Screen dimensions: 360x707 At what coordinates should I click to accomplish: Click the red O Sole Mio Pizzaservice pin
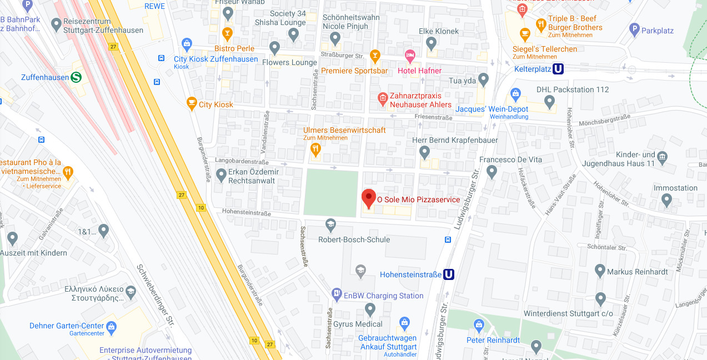369,198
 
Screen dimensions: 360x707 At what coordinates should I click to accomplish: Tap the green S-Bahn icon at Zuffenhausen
77,77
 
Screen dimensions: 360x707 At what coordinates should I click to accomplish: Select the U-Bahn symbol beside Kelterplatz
558,69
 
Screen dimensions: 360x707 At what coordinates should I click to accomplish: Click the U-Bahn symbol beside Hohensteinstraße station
448,274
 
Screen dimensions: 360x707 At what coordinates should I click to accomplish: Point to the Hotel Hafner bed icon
410,56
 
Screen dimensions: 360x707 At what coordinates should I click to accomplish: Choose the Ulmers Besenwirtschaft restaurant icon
315,148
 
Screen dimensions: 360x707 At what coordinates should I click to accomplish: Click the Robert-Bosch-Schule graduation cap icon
330,225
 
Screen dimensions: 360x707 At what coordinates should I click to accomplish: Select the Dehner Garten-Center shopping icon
112,326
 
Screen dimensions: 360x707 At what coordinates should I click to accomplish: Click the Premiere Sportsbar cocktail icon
375,56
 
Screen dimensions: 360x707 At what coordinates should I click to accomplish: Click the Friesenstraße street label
433,117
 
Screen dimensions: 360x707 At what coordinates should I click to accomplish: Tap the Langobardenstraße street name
238,160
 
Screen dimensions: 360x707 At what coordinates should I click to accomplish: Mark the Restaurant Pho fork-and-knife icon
68,172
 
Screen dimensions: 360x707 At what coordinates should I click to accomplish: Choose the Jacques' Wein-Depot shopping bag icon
515,94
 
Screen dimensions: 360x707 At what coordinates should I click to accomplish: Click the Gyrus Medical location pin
370,309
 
